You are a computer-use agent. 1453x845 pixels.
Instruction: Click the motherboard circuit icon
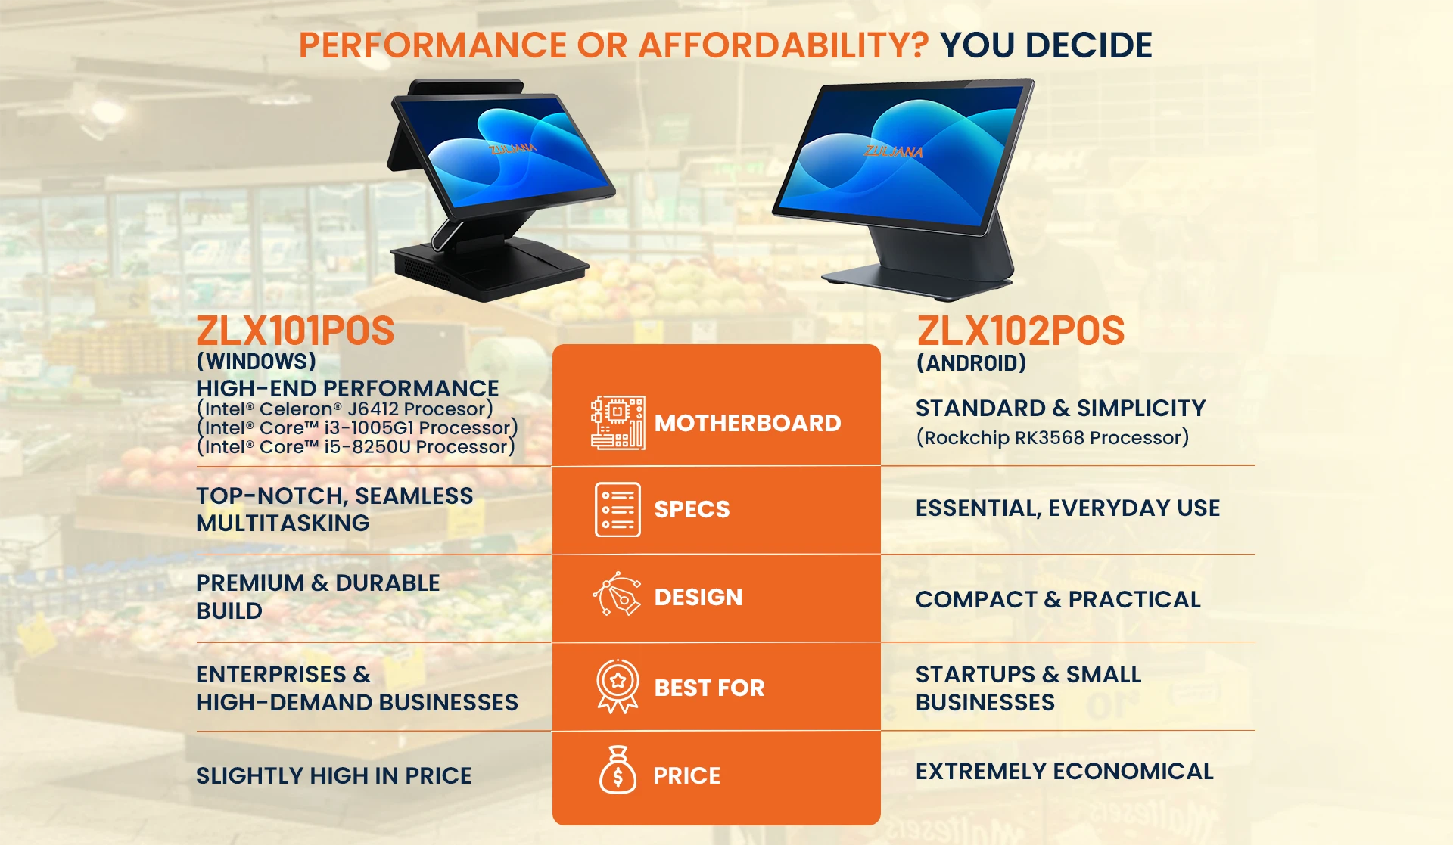[x=618, y=422]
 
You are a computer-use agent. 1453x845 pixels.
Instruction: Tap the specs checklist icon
[x=618, y=509]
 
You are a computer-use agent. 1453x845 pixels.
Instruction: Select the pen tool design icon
[x=617, y=594]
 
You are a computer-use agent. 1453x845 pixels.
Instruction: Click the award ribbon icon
[x=618, y=686]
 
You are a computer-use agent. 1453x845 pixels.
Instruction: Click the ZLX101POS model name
[x=295, y=331]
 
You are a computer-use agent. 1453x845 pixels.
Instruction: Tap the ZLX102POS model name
[x=1021, y=331]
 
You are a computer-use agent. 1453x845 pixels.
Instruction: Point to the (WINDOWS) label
[x=256, y=362]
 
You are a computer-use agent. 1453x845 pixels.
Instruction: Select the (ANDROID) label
[x=972, y=363]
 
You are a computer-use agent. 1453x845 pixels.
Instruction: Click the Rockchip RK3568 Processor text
[x=1053, y=437]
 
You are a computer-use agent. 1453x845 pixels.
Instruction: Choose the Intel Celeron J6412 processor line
[x=344, y=409]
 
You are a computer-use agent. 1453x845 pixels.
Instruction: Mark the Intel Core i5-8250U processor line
[x=356, y=446]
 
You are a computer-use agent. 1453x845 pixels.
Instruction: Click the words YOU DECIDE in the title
[x=1046, y=45]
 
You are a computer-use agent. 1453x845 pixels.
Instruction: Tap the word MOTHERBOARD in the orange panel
[x=748, y=423]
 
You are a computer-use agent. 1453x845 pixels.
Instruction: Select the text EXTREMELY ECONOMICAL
[x=1065, y=771]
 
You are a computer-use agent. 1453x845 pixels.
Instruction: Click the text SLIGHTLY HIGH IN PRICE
[x=334, y=775]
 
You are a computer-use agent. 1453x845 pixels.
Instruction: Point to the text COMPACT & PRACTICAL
[x=1058, y=599]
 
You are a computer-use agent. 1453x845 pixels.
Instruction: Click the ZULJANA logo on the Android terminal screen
[x=894, y=151]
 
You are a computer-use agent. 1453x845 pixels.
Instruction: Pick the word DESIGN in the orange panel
[x=698, y=597]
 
